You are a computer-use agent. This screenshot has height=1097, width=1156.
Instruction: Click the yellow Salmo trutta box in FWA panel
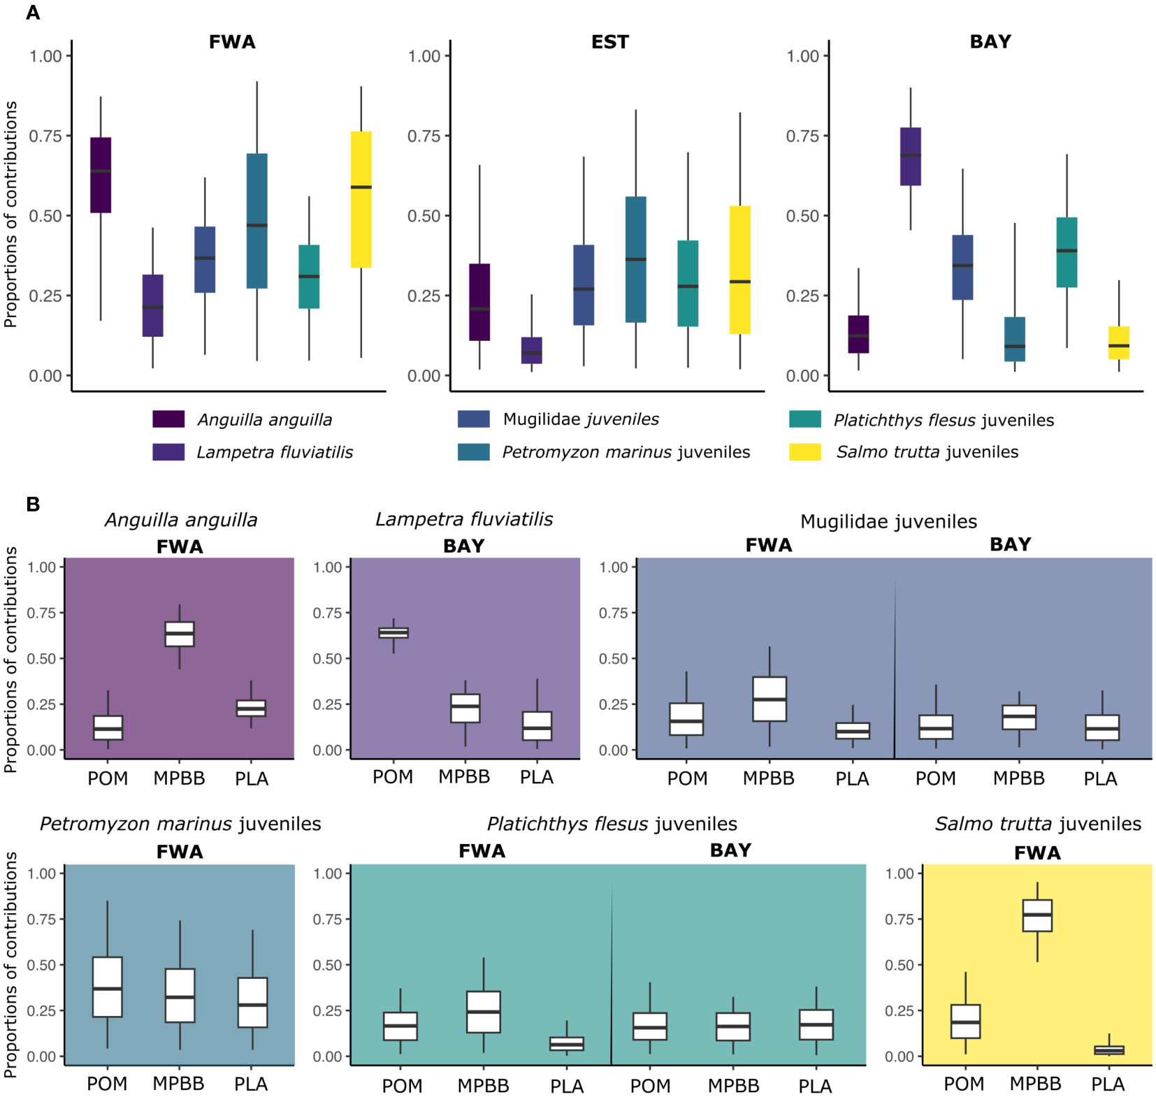(361, 199)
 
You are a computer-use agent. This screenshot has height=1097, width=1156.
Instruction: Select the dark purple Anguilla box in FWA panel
(101, 175)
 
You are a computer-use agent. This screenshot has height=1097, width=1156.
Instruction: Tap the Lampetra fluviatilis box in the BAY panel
(910, 157)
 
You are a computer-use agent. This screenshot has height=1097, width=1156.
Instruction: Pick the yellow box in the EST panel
(739, 270)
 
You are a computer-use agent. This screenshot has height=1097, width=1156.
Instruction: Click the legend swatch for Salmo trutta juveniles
(804, 452)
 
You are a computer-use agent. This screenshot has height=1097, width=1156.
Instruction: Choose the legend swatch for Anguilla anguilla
(168, 419)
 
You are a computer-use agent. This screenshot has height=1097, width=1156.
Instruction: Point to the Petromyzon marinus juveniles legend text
(626, 452)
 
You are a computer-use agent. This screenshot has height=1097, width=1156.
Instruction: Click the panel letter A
(33, 13)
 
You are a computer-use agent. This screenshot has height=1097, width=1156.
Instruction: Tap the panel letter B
(33, 504)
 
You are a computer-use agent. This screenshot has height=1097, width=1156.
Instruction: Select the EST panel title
(609, 42)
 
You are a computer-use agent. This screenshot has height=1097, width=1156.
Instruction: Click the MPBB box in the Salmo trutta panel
(1036, 915)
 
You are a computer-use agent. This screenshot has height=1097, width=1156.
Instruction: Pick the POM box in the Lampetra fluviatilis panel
(393, 633)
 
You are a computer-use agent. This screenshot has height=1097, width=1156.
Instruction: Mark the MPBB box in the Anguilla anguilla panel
(180, 634)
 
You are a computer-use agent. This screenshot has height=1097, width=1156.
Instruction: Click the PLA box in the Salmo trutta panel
(1108, 1049)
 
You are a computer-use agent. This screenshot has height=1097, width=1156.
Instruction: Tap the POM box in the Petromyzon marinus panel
(108, 987)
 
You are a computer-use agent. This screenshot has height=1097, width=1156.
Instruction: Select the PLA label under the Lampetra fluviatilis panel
(536, 777)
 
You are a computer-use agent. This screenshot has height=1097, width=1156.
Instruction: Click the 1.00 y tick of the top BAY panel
(802, 56)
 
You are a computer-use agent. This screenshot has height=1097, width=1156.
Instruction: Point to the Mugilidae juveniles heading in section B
(888, 521)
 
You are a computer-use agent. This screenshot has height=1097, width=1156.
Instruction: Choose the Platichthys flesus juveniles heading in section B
(612, 824)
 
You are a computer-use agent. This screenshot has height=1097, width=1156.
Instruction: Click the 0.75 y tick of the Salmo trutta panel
(899, 920)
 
